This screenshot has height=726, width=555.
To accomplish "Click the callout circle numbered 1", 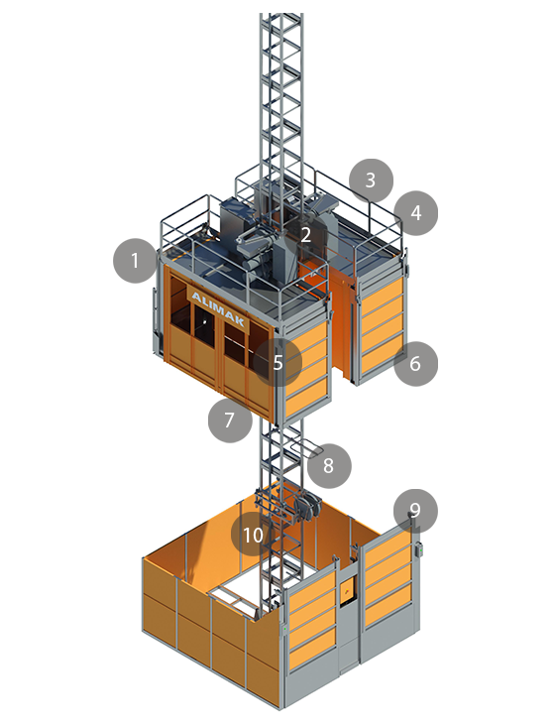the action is (135, 260).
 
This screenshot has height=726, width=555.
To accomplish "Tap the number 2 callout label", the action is (305, 235).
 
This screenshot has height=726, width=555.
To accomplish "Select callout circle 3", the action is (371, 181).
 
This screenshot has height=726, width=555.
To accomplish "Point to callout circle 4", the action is (416, 213).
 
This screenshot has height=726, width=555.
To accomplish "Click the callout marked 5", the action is (277, 362).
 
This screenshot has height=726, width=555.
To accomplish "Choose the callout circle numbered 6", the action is (415, 364).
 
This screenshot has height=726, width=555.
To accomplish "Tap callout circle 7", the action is (230, 421).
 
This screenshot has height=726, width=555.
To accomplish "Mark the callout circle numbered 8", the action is (329, 466).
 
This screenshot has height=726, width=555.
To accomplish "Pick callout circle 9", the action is (415, 511).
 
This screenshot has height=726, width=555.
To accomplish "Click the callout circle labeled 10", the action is (253, 535).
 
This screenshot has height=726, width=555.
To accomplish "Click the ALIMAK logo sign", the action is (218, 308).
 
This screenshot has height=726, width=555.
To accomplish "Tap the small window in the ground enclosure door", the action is (347, 590).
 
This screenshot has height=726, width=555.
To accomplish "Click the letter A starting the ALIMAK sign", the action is (195, 297).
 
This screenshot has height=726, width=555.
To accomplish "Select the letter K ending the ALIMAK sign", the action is (239, 320).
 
